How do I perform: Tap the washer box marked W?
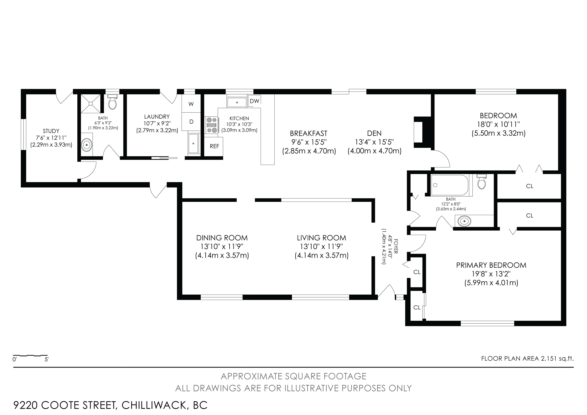click(x=191, y=104)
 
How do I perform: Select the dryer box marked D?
click(x=191, y=122)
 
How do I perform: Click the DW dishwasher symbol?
click(x=254, y=101)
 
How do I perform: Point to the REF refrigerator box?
click(x=214, y=146)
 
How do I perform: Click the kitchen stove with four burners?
click(x=212, y=125)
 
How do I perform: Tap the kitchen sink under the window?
click(x=237, y=102)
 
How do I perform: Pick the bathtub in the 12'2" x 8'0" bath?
click(x=450, y=185)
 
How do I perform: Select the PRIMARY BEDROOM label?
click(x=491, y=265)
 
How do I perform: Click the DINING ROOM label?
click(x=222, y=238)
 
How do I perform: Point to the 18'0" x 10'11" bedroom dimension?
click(x=498, y=124)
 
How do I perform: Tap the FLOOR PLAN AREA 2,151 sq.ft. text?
click(x=527, y=358)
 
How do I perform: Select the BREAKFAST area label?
click(x=308, y=133)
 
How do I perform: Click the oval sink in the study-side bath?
click(x=87, y=145)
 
